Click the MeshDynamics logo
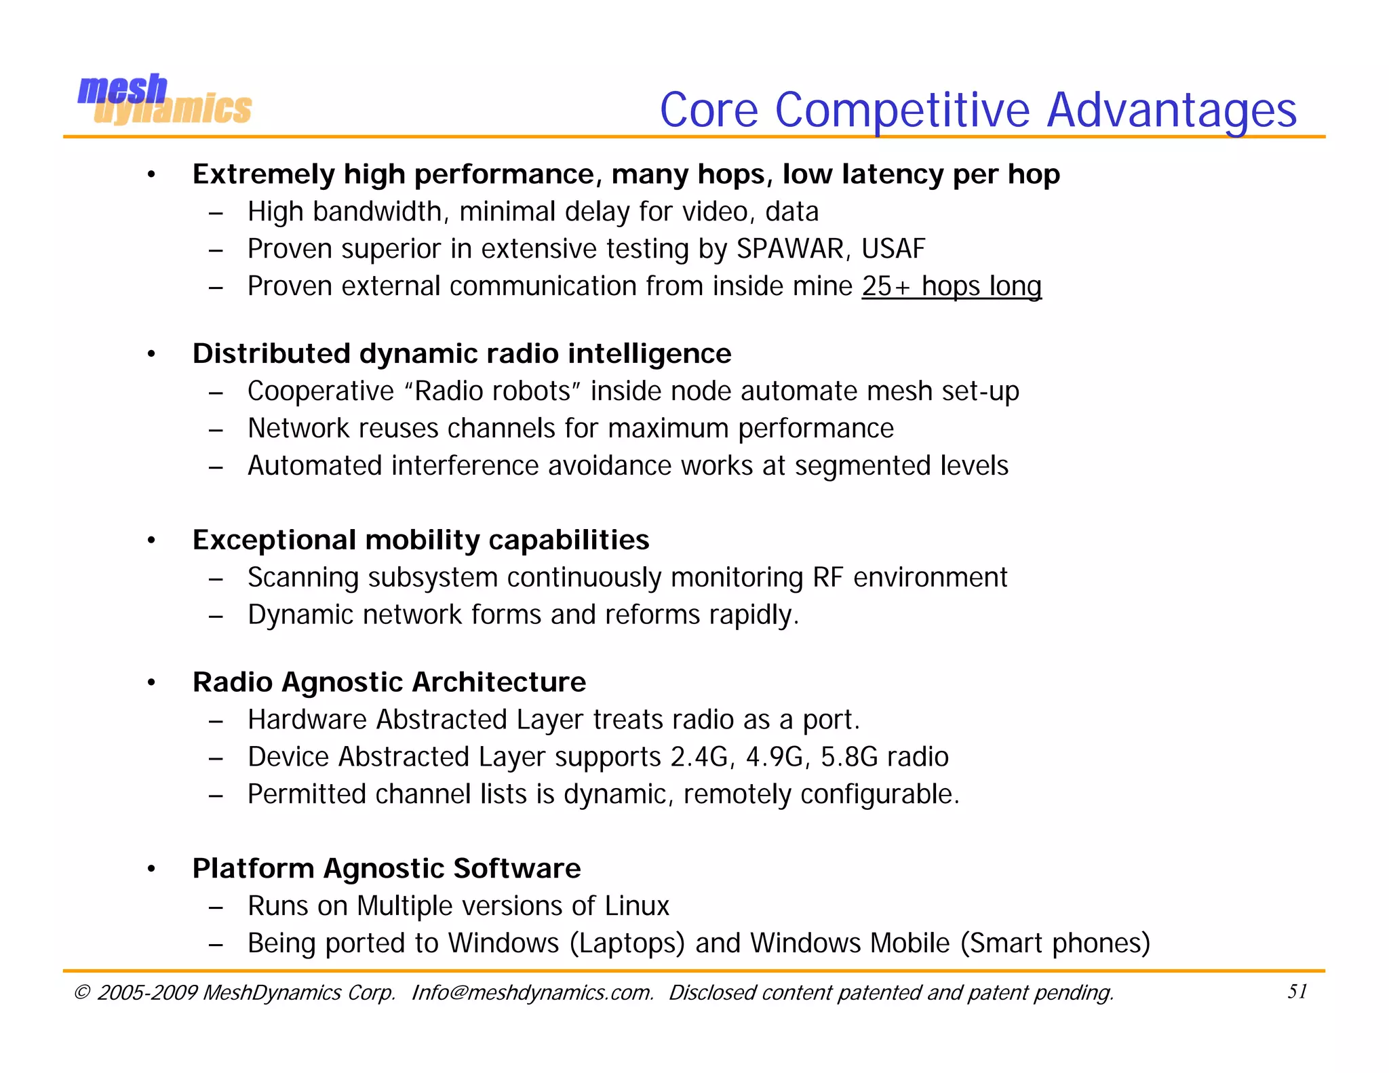[164, 100]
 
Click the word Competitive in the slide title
[902, 110]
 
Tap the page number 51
[1297, 992]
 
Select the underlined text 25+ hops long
[951, 286]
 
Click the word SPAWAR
[790, 249]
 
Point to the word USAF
[893, 249]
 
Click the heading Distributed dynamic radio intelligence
[462, 354]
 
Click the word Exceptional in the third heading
[274, 541]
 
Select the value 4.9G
[774, 757]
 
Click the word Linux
[637, 906]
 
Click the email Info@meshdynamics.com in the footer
[532, 993]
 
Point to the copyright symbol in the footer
[81, 993]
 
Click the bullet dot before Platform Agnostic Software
[152, 869]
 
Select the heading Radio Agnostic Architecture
[389, 682]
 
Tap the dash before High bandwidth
[216, 213]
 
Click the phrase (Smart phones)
[1055, 943]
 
